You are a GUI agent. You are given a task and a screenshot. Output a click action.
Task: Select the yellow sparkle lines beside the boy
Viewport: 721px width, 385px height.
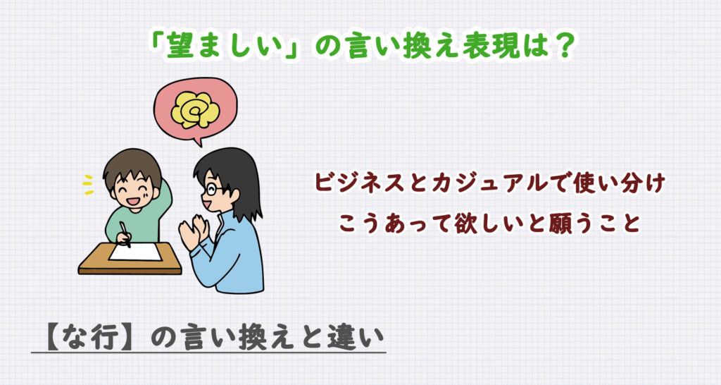pos(87,185)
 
